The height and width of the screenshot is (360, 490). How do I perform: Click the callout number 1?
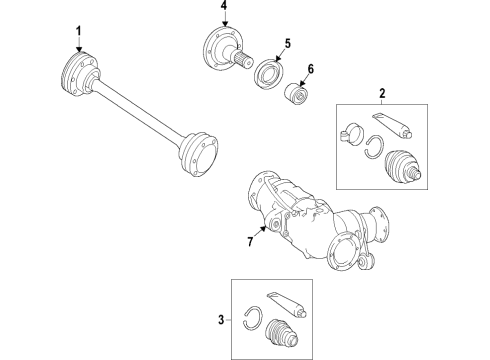coord(79,32)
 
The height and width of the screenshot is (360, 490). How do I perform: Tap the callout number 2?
coord(382,93)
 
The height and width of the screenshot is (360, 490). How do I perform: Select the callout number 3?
coord(221,320)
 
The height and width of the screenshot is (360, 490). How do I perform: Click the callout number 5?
coord(288,44)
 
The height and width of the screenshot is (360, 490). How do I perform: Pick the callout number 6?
coord(311,69)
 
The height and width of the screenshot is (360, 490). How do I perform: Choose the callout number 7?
coord(250,241)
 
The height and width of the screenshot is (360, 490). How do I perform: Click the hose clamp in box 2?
coord(351,134)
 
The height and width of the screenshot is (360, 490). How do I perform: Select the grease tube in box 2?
coord(392,125)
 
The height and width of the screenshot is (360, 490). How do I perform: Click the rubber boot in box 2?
coord(403,167)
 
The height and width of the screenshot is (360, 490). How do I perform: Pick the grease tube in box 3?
coord(287,305)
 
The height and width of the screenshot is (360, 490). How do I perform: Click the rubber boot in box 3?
coord(282,335)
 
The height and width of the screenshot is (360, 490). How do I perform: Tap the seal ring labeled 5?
coord(269,74)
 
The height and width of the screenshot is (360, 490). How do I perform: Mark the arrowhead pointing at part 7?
coord(263,229)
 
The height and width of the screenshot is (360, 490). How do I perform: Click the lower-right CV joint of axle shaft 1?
coord(198,154)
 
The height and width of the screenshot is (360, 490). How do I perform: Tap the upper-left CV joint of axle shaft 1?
coord(80,74)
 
